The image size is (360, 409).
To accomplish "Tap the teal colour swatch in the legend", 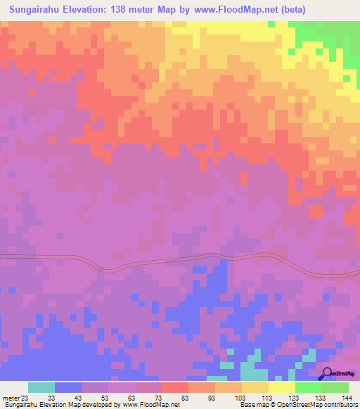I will pyautogui.click(x=41, y=387).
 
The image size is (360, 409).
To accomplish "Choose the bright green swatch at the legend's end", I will pyautogui.click(x=335, y=387).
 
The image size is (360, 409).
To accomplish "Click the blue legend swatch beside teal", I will pyautogui.click(x=68, y=387).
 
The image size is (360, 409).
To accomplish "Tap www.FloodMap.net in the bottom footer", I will pyautogui.click(x=150, y=405).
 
